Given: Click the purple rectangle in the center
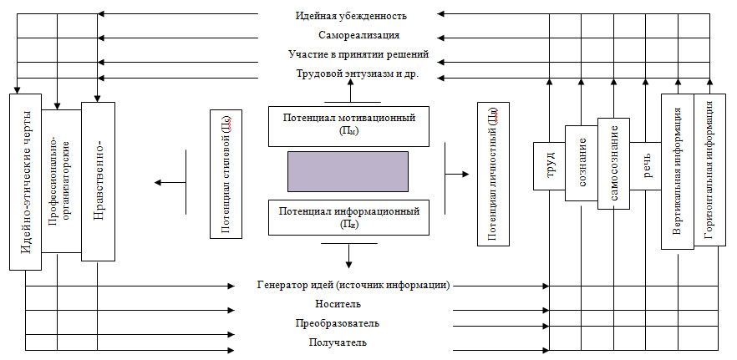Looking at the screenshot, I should pos(348,172).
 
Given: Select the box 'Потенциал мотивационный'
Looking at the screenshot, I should pos(349,124).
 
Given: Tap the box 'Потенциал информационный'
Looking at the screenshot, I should pos(349,217).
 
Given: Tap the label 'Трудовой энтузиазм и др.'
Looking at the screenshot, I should pos(357,74).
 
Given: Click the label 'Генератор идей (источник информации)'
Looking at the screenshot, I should pos(354,285).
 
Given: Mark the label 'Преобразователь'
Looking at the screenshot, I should pos(338,322).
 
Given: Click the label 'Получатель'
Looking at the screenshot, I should pos(338,342).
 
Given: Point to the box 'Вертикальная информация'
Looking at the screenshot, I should pos(677,171).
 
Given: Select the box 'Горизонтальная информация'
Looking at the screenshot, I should pos(709,171).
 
